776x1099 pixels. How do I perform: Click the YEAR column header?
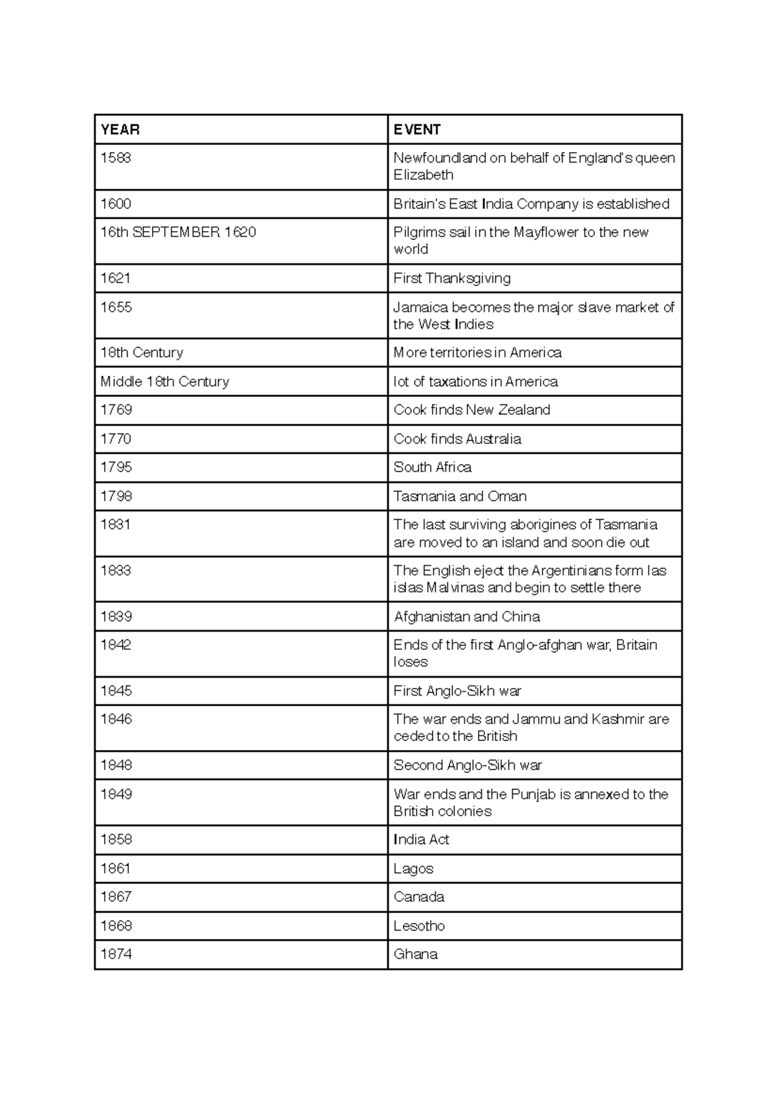click(120, 129)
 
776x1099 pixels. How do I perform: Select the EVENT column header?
click(417, 129)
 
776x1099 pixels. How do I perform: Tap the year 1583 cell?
click(116, 158)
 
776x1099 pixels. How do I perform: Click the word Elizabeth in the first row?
click(424, 175)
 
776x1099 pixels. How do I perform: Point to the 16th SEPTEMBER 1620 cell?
click(178, 232)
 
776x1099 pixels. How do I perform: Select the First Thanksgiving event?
click(452, 278)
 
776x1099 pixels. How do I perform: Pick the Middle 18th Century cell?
click(165, 382)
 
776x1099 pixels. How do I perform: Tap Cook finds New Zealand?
click(472, 410)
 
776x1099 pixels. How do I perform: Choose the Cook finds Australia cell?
click(457, 439)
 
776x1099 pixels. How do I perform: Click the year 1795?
click(116, 467)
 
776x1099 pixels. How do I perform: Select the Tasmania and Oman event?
click(460, 496)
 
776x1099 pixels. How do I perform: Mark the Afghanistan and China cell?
click(467, 617)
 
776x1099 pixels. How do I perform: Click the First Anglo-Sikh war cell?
click(457, 691)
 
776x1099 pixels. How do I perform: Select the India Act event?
click(422, 839)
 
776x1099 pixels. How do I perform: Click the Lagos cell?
click(413, 869)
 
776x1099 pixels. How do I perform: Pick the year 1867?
click(116, 897)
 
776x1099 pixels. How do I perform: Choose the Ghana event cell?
click(416, 954)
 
